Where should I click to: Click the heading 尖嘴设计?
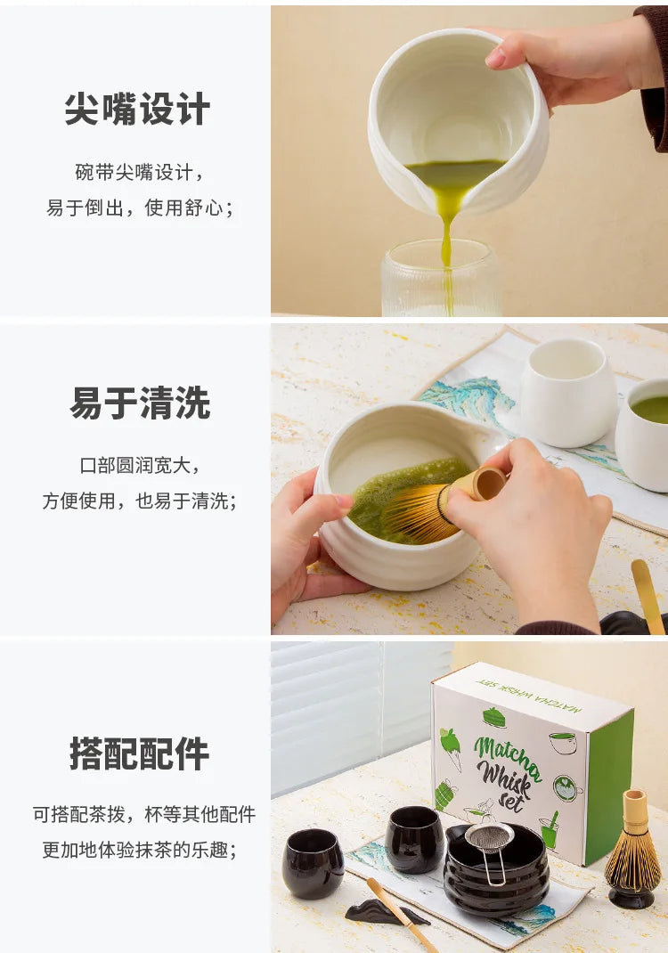[137, 110]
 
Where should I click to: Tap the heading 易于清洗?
[140, 403]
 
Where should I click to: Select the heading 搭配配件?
[139, 753]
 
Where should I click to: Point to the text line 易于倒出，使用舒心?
[139, 208]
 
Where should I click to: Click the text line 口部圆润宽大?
[139, 466]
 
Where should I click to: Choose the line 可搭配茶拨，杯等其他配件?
[144, 814]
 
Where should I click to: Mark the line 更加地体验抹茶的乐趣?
[139, 850]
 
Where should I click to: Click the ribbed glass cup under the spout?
[441, 279]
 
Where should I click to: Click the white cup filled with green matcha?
[643, 435]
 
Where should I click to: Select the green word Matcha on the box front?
[508, 753]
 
